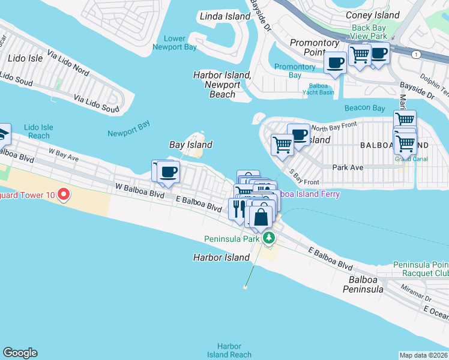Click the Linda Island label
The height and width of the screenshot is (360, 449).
[224, 16]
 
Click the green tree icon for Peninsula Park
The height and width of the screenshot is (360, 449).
[270, 238]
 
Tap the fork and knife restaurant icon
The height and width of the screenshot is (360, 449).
[237, 208]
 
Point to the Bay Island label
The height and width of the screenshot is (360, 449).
[190, 145]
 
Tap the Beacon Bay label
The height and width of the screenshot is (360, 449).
[364, 108]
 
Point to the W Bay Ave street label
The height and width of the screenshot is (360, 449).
[64, 155]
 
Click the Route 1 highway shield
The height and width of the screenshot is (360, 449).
[415, 55]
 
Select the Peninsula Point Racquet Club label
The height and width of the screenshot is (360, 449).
[420, 269]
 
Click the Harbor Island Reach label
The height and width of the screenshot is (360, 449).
[229, 350]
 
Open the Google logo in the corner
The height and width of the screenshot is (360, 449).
[20, 353]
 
